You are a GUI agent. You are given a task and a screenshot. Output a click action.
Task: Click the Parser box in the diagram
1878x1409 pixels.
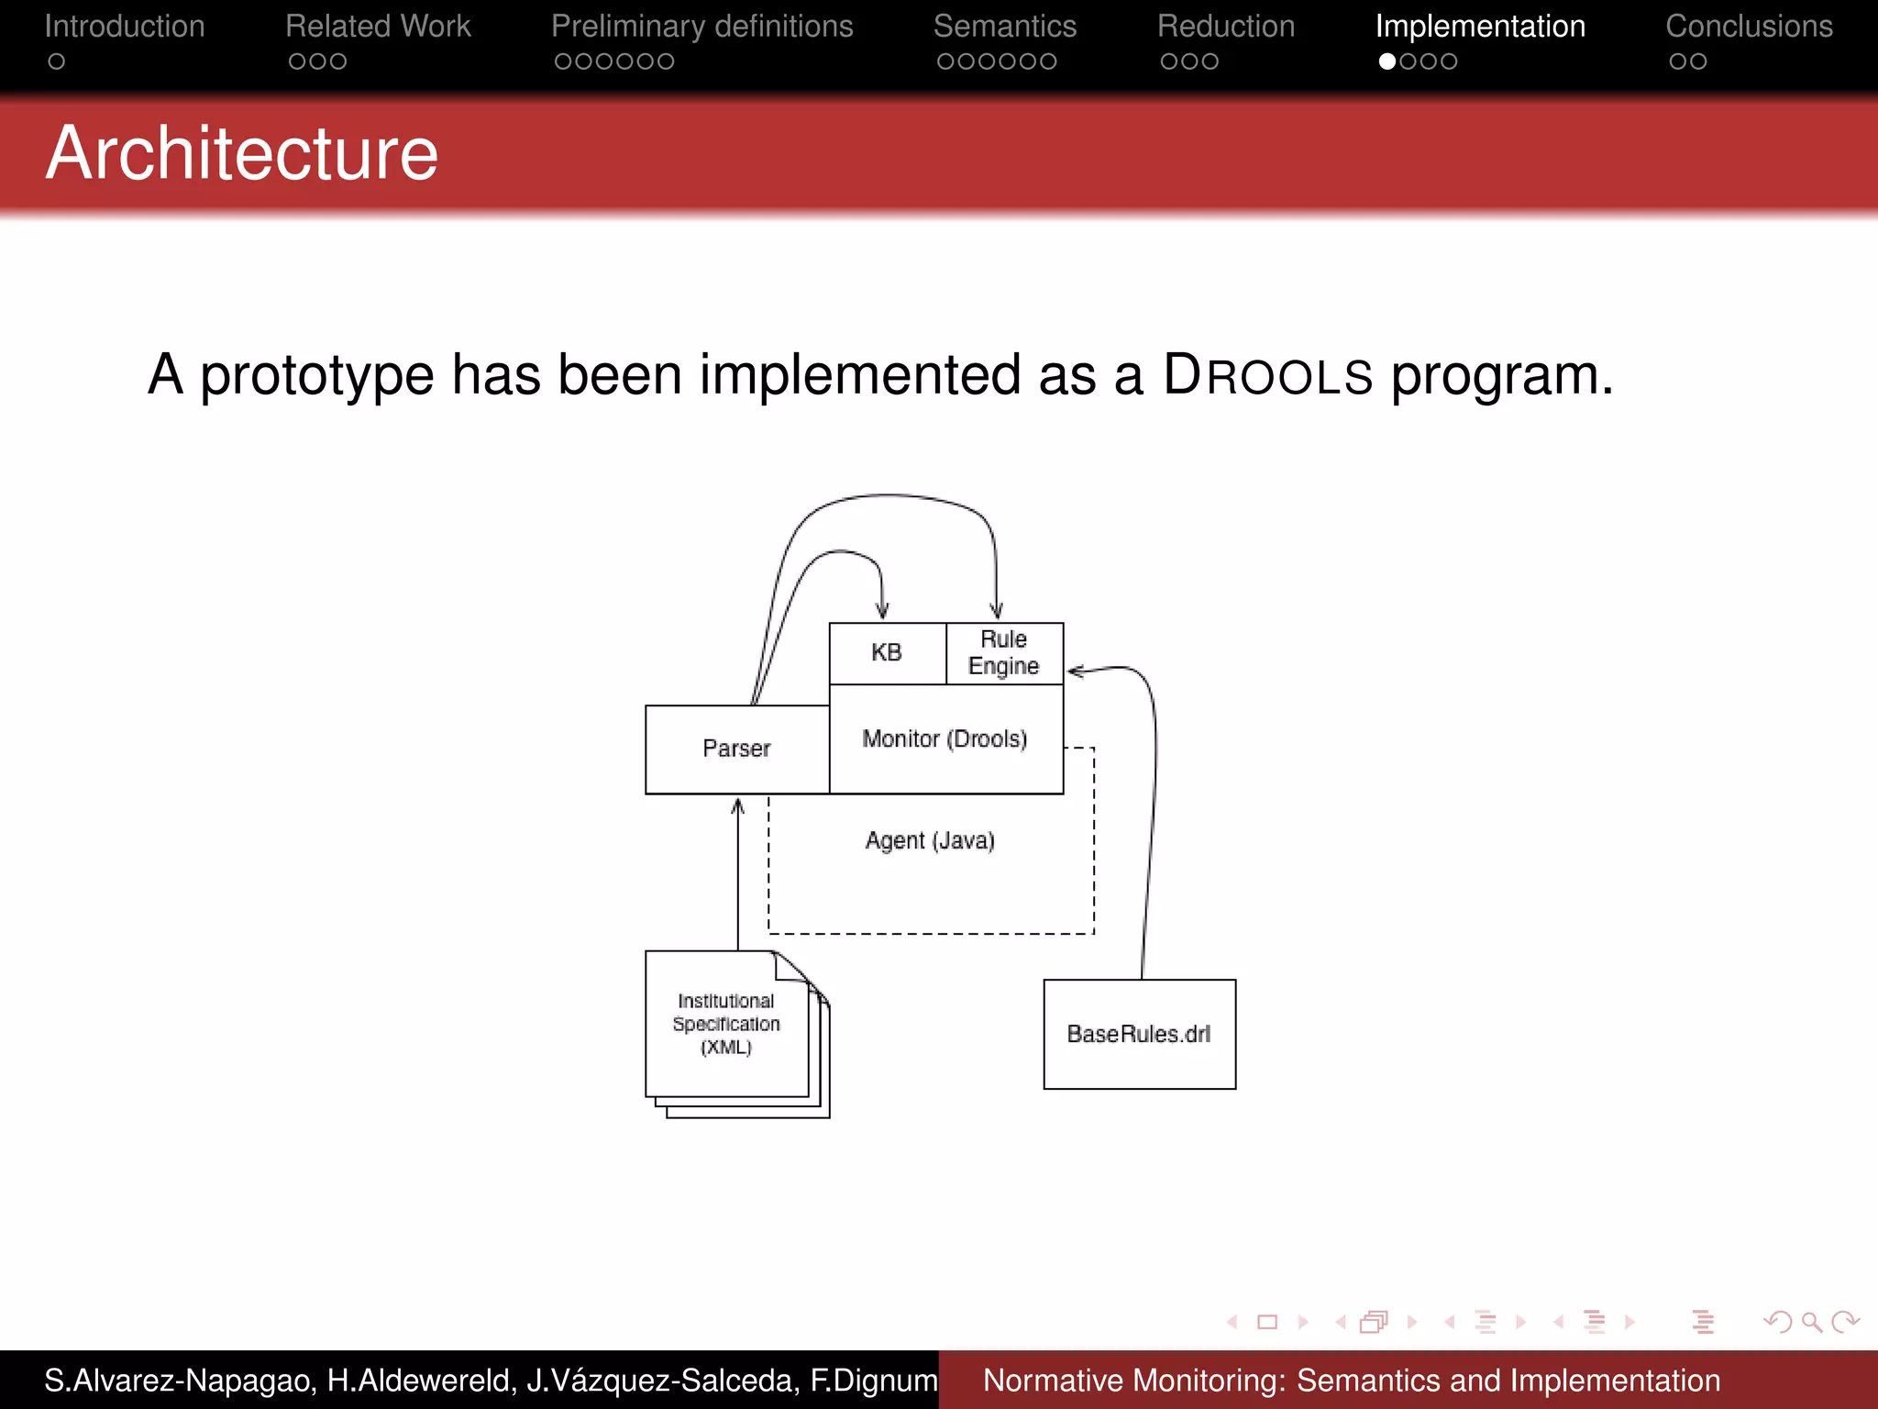[736, 749]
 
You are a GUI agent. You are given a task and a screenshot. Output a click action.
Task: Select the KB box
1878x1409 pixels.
[887, 652]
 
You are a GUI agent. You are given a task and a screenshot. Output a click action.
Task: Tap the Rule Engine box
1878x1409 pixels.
[1004, 652]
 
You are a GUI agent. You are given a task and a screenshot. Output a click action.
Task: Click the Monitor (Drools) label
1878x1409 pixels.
[945, 738]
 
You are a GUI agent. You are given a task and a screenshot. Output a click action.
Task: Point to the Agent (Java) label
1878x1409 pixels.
[930, 840]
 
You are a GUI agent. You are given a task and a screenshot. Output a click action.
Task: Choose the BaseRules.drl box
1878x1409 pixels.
[1139, 1034]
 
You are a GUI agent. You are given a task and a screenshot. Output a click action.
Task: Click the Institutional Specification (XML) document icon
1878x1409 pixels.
[727, 1025]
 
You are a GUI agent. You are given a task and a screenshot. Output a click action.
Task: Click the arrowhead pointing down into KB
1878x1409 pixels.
[882, 612]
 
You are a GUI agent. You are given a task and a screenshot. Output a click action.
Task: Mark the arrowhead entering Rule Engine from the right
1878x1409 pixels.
[1076, 671]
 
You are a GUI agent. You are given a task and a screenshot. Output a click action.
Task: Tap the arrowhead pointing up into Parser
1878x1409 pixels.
[737, 806]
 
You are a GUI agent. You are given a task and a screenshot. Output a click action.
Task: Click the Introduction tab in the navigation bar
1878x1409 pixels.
[125, 27]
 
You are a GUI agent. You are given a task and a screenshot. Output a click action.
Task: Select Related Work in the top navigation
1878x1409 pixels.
[378, 27]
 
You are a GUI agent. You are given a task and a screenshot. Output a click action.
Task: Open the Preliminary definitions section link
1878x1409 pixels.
[701, 27]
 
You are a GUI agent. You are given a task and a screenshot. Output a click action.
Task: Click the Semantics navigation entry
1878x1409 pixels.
[1005, 27]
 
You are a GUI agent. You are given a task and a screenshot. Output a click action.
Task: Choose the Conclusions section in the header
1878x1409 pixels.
[1749, 27]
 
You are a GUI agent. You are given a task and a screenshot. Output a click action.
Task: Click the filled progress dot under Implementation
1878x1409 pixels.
[1387, 61]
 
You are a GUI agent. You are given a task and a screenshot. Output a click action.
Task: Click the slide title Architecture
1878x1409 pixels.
[242, 153]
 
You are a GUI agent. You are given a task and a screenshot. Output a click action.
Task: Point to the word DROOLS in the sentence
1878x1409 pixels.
[1268, 375]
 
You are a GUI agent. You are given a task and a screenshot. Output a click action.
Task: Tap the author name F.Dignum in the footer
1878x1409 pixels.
[874, 1380]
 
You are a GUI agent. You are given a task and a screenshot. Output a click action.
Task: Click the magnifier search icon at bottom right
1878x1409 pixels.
[1811, 1322]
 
